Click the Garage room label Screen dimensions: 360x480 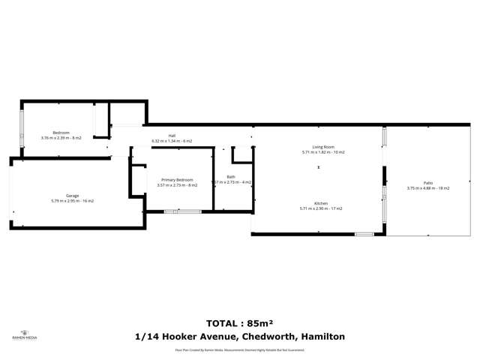click(72, 196)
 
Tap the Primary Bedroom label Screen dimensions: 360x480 click(175, 179)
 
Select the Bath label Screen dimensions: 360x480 click(231, 177)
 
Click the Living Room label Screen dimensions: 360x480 click(323, 147)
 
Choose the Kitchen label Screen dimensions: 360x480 click(321, 203)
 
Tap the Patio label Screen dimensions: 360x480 click(428, 183)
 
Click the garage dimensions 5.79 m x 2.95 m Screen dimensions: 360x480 click(72, 201)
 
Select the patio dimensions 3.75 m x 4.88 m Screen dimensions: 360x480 click(428, 188)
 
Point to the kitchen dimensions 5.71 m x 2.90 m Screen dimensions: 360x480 click(321, 208)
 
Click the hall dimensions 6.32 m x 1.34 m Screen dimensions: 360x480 click(172, 141)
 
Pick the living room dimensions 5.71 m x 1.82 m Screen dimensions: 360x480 click(323, 152)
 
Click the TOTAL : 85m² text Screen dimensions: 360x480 click(240, 322)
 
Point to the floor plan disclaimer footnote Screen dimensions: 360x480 click(240, 349)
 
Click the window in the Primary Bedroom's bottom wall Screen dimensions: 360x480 click(182, 211)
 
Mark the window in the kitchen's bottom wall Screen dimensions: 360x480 click(364, 234)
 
